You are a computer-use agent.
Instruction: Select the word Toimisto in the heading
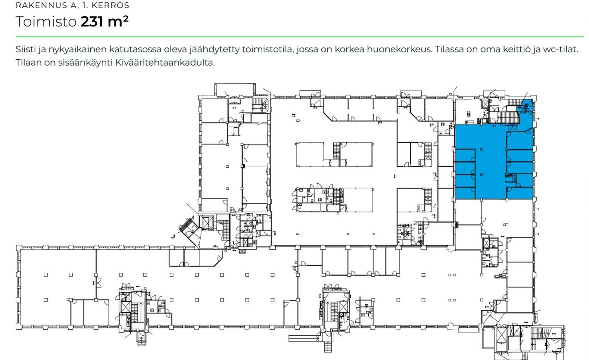coord(46,21)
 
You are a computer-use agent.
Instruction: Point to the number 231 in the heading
coord(92,22)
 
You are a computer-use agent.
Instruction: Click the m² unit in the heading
coord(118,22)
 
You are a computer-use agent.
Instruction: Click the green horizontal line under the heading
coord(300,37)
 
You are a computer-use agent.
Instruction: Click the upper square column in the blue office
coord(481,149)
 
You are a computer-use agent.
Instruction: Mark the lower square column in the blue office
coord(481,174)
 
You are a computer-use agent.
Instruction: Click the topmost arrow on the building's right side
coord(538,119)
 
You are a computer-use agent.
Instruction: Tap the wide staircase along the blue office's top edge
coord(509,117)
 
